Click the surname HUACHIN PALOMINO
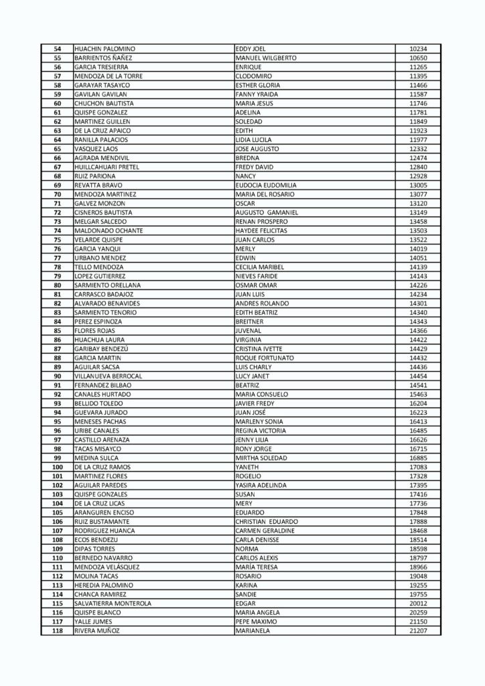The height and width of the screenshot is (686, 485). coord(105,49)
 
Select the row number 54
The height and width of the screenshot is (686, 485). coord(57,49)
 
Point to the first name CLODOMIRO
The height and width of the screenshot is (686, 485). coord(253,76)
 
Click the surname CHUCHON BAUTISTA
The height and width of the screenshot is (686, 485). coord(104,104)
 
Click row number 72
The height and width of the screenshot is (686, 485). coord(57,212)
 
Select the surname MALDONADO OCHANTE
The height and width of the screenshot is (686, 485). coord(108,230)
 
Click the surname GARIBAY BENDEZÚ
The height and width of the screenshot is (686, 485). coord(102,348)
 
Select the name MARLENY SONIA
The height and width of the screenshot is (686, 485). coord(260,421)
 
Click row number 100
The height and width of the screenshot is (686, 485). coord(57,467)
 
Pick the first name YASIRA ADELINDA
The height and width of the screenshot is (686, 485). coord(261,485)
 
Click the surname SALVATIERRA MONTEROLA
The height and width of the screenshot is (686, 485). coord(113,603)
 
